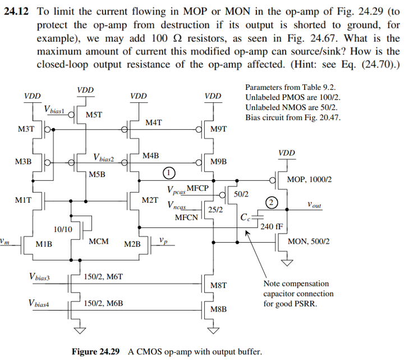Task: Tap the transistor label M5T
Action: point(94,115)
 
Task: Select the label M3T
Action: point(26,130)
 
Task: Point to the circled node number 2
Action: point(271,202)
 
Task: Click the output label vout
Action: point(315,206)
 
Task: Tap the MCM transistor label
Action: point(99,241)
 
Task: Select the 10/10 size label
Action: point(62,229)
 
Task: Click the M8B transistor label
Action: point(218,309)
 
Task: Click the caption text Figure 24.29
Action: point(95,352)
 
